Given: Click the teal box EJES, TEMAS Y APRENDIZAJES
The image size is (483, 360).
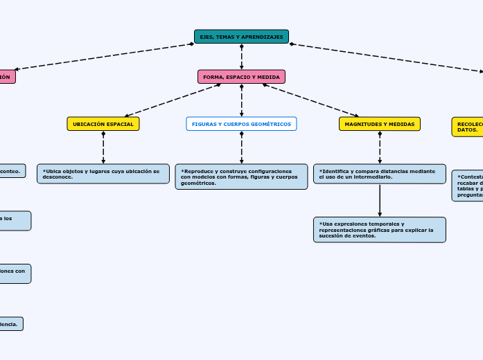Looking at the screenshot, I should tap(241, 37).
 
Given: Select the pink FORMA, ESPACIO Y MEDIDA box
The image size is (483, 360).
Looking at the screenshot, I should tap(241, 77).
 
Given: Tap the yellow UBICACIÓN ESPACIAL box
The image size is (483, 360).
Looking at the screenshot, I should tap(103, 124).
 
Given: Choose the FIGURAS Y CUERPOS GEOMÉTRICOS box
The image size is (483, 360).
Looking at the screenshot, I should tap(241, 124).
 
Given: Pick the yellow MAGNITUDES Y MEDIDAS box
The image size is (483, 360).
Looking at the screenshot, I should tap(379, 124).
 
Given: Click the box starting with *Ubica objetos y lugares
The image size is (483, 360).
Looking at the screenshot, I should tap(103, 174).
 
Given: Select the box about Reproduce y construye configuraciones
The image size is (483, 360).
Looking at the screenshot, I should tap(241, 177).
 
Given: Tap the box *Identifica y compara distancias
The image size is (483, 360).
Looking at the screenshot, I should tap(379, 174).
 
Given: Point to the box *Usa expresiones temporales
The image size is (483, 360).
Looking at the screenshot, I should tap(379, 230).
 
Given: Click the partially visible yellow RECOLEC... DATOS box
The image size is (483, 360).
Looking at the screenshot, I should tap(467, 127).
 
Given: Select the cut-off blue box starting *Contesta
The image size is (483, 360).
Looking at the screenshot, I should tap(468, 186).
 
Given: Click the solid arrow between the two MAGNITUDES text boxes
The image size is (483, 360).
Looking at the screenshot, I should tap(380, 200).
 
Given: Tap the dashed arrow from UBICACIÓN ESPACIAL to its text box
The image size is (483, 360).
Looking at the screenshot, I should tap(103, 147).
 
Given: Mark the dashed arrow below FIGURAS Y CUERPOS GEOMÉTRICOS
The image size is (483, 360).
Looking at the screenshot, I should tap(241, 147).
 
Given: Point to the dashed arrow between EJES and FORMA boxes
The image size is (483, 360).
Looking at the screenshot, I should tap(241, 57).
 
